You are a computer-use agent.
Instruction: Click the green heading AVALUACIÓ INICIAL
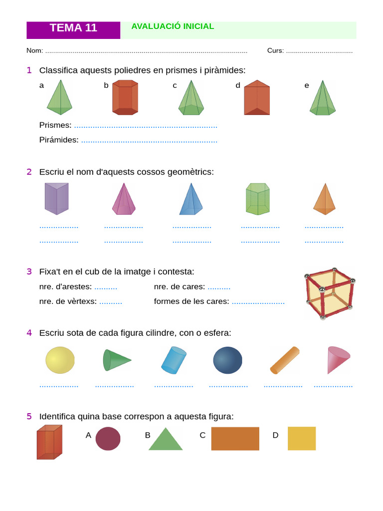(x=173, y=26)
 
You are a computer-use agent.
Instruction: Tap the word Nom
(x=34, y=51)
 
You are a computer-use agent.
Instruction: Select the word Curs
(x=275, y=51)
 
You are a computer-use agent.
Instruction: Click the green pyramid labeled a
(x=59, y=99)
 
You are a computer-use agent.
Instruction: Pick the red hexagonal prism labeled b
(x=125, y=98)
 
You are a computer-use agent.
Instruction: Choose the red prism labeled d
(x=257, y=98)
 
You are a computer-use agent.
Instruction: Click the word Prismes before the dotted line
(x=55, y=125)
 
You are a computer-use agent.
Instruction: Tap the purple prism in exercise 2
(x=56, y=199)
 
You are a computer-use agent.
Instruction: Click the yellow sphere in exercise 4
(x=60, y=360)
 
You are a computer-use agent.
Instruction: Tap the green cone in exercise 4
(x=116, y=360)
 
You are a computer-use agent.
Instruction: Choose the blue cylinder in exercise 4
(x=174, y=360)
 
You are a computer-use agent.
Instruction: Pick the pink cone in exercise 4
(x=337, y=359)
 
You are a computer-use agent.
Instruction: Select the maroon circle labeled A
(x=108, y=439)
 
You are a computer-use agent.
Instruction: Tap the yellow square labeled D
(x=302, y=439)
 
